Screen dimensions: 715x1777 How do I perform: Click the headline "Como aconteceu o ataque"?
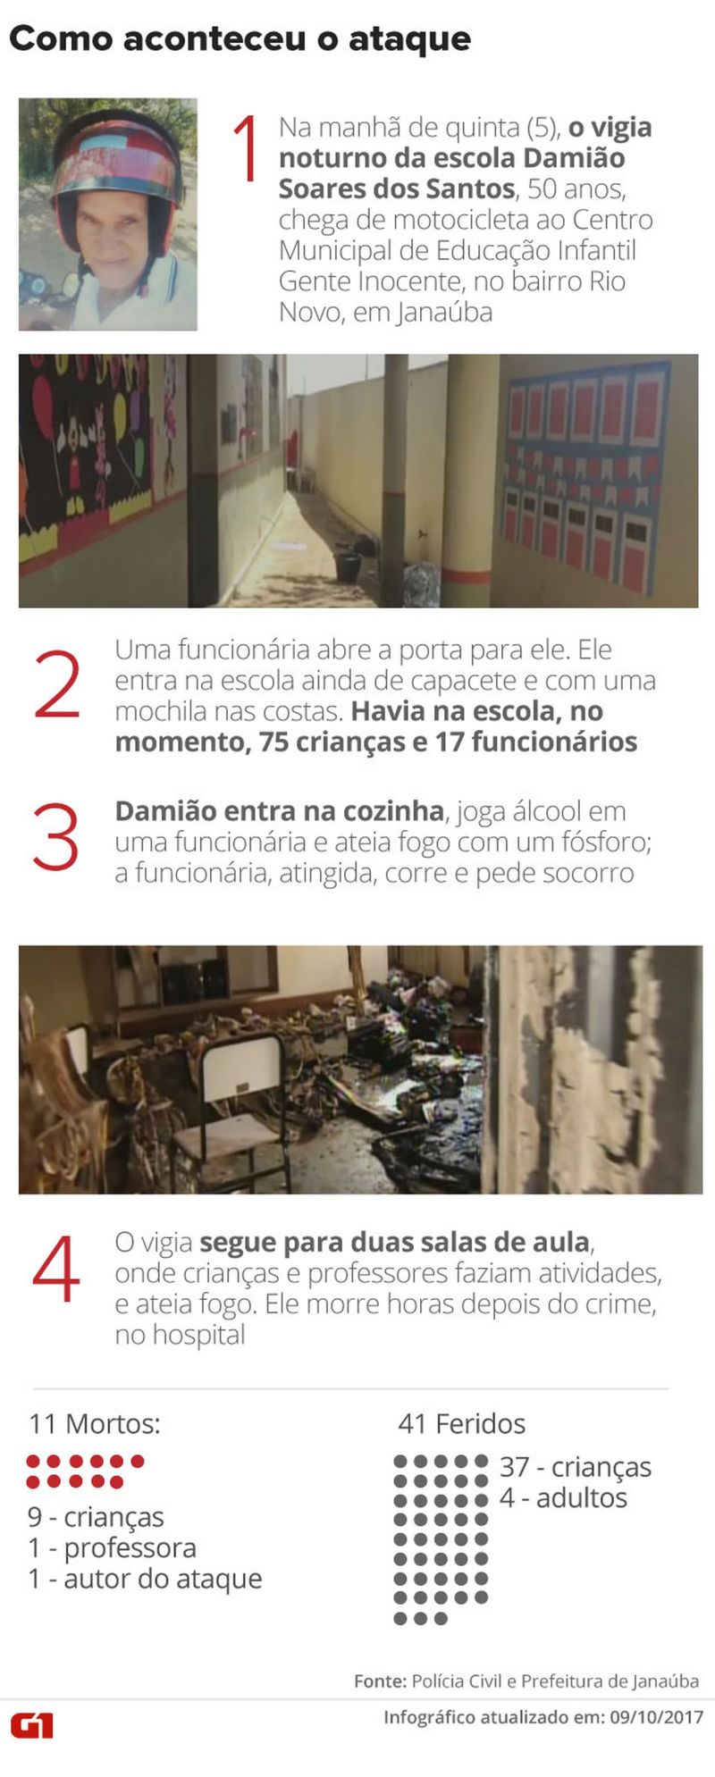(240, 38)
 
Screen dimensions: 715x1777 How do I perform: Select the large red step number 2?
(57, 685)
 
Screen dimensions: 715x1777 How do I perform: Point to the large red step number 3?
(56, 837)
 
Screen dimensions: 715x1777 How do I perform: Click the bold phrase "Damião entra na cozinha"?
(279, 811)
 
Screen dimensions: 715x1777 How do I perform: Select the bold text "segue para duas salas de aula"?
(394, 1243)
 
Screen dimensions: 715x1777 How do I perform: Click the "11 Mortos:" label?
(95, 1423)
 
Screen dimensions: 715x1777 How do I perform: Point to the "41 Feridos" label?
(461, 1423)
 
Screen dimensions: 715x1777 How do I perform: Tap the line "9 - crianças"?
(96, 1516)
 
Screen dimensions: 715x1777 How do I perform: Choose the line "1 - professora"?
(112, 1547)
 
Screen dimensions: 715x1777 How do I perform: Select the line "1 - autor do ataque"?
(145, 1579)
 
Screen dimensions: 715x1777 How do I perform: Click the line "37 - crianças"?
(575, 1467)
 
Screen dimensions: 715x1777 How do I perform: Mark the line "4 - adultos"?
(563, 1497)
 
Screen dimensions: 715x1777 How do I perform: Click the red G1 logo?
(32, 1725)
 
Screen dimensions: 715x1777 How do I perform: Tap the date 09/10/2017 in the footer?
(656, 1717)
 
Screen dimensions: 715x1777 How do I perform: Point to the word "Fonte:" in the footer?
(380, 1681)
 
